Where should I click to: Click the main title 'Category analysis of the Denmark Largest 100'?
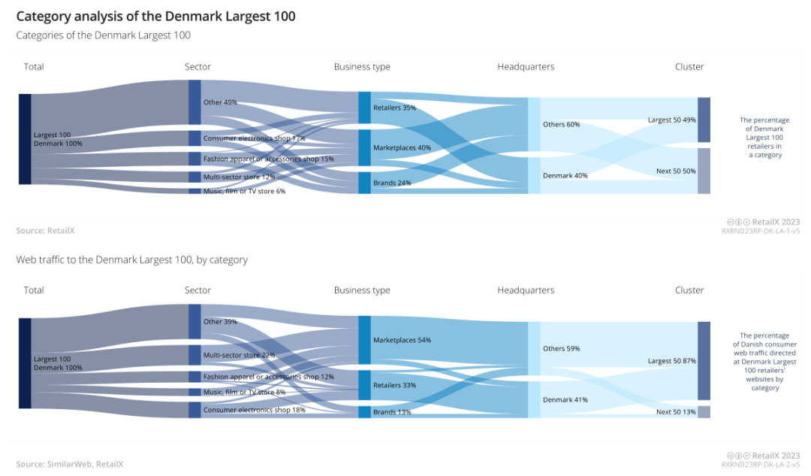click(155, 16)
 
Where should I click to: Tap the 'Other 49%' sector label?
click(220, 102)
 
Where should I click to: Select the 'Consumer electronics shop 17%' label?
click(254, 138)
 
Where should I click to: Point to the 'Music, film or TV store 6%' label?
click(244, 191)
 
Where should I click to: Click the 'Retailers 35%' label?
click(394, 108)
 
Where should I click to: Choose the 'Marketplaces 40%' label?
click(402, 147)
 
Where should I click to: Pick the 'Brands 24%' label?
click(391, 183)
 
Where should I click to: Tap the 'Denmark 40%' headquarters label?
click(565, 175)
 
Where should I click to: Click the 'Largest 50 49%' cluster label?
click(671, 120)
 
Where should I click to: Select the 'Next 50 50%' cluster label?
click(676, 171)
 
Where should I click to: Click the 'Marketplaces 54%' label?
click(402, 340)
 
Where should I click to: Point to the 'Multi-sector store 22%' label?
click(239, 355)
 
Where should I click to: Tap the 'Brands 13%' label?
click(391, 412)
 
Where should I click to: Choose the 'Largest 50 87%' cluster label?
click(671, 361)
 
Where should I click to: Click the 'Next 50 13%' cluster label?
click(676, 412)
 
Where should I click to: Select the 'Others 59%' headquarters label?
click(561, 348)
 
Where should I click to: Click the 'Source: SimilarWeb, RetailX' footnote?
click(70, 464)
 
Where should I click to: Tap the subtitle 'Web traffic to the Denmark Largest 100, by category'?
click(132, 259)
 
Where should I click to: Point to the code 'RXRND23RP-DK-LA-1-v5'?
click(760, 231)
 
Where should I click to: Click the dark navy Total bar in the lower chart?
click(25, 363)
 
